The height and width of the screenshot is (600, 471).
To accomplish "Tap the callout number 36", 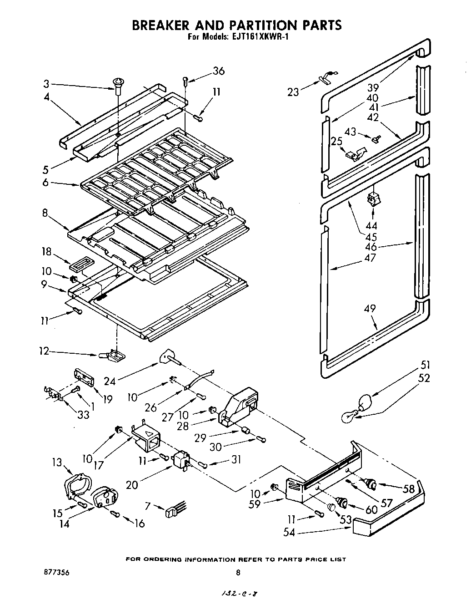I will coord(219,71).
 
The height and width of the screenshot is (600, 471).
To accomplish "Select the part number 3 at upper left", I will coord(46,84).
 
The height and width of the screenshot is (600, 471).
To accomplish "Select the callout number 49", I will coord(370,308).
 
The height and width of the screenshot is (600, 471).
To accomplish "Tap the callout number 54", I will coord(289,532).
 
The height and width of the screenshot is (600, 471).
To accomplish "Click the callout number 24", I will coord(109,381).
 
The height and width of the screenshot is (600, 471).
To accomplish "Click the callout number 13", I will coord(56,463).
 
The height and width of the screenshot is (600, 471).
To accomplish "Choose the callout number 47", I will coord(370,258).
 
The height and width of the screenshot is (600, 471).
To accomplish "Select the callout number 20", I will coord(132,485).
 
